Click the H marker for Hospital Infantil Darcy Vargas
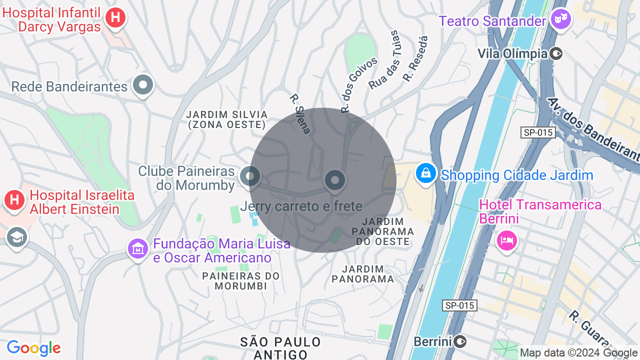coord(115,18)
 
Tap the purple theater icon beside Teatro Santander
coord(560,20)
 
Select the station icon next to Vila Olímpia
coord(556,53)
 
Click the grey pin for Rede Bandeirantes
coord(143,85)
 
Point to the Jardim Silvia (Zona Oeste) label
coord(227,120)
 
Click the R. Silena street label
coord(300,114)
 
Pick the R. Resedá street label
coord(416,59)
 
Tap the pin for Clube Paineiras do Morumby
coord(250,176)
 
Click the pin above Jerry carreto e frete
coord(335,180)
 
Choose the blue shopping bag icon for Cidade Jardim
coord(426,173)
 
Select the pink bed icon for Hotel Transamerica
coord(506,240)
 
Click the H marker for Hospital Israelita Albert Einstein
coord(14,200)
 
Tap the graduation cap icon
coord(16,238)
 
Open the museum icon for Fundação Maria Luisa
coord(137,248)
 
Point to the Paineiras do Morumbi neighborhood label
coord(241,280)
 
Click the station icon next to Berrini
coord(460,341)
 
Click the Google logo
coord(33,348)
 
